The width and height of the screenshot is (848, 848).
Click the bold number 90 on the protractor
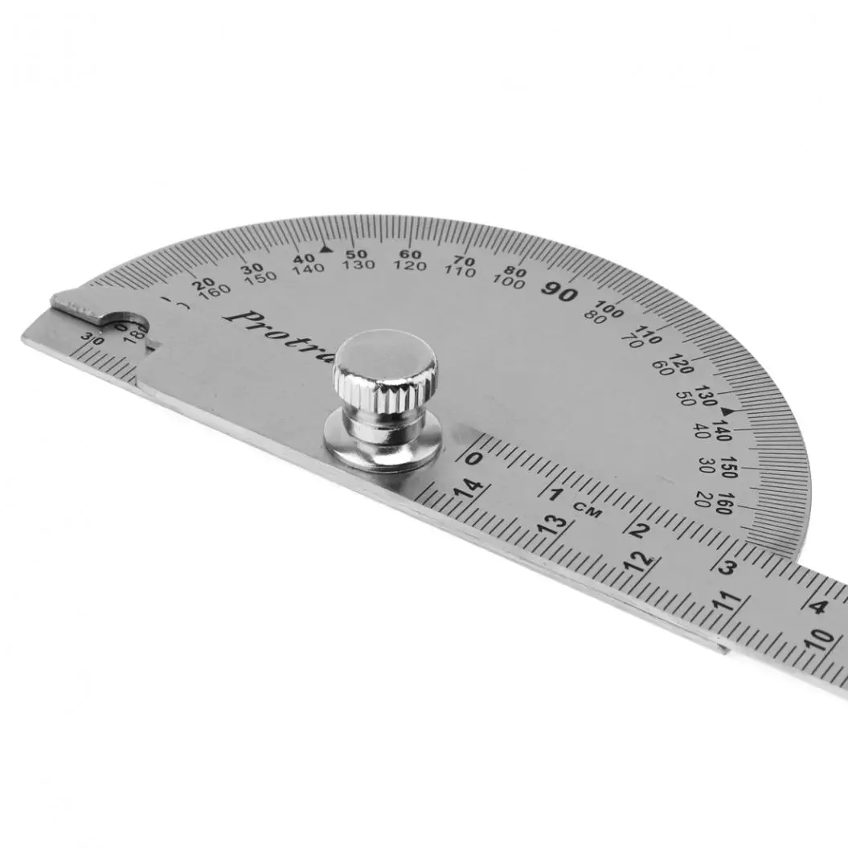(x=559, y=292)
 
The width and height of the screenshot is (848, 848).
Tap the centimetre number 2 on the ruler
(x=641, y=530)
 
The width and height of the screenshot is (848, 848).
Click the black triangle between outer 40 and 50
(x=325, y=250)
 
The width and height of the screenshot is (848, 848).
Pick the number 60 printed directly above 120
(x=410, y=255)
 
